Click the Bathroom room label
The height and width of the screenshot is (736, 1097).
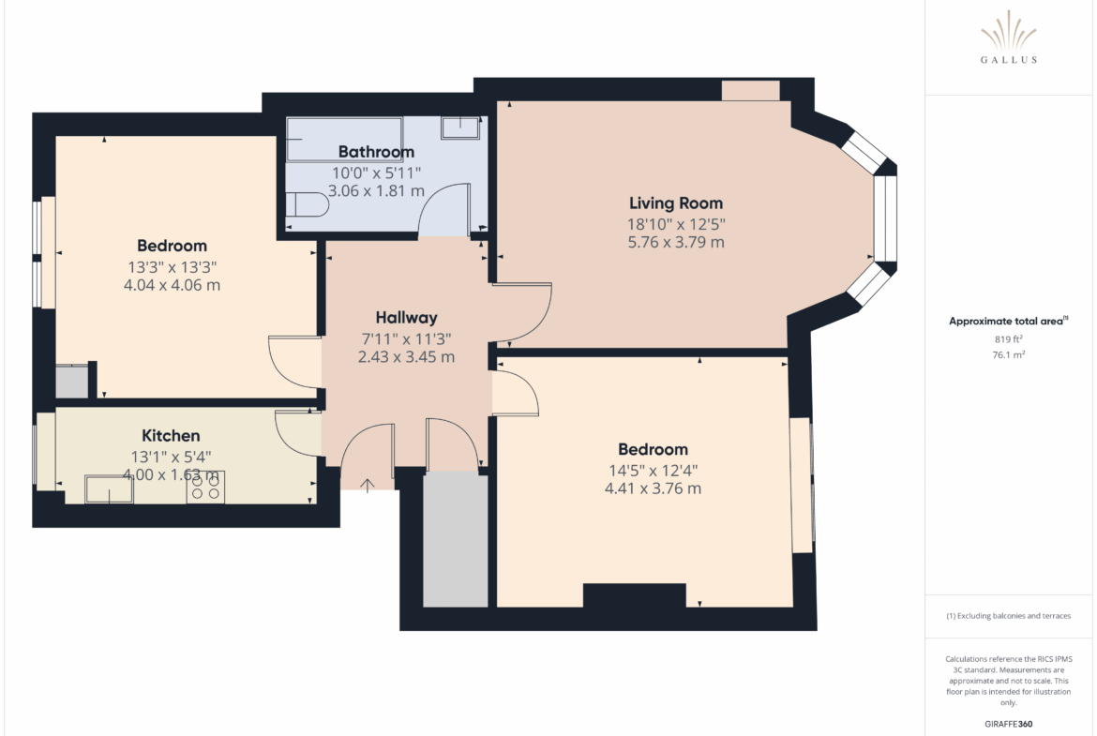pyautogui.click(x=376, y=152)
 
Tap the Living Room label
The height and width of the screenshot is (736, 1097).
pyautogui.click(x=676, y=203)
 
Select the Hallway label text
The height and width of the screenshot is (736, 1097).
pyautogui.click(x=407, y=318)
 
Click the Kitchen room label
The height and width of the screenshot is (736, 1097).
pyautogui.click(x=171, y=436)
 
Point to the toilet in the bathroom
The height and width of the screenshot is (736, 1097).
pyautogui.click(x=308, y=204)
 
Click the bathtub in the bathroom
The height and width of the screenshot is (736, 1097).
pyautogui.click(x=344, y=139)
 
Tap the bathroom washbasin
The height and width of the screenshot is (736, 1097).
pyautogui.click(x=460, y=128)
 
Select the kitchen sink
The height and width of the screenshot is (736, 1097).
pyautogui.click(x=109, y=489)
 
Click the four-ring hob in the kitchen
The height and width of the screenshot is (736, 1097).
pyautogui.click(x=205, y=487)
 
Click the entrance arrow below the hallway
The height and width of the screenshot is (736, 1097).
pyautogui.click(x=368, y=484)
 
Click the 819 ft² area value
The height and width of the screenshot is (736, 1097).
pyautogui.click(x=1008, y=339)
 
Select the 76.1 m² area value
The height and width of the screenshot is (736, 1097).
pyautogui.click(x=1008, y=354)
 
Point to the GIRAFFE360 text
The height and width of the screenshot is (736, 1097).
pyautogui.click(x=1008, y=724)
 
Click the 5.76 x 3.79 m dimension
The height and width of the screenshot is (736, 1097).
pyautogui.click(x=676, y=242)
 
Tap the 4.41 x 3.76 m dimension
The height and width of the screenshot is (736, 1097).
pyautogui.click(x=653, y=488)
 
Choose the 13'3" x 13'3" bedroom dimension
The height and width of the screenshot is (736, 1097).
pyautogui.click(x=173, y=267)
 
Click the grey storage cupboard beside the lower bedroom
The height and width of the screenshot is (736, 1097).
pyautogui.click(x=456, y=539)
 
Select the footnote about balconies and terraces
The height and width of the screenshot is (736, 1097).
pyautogui.click(x=1008, y=616)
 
